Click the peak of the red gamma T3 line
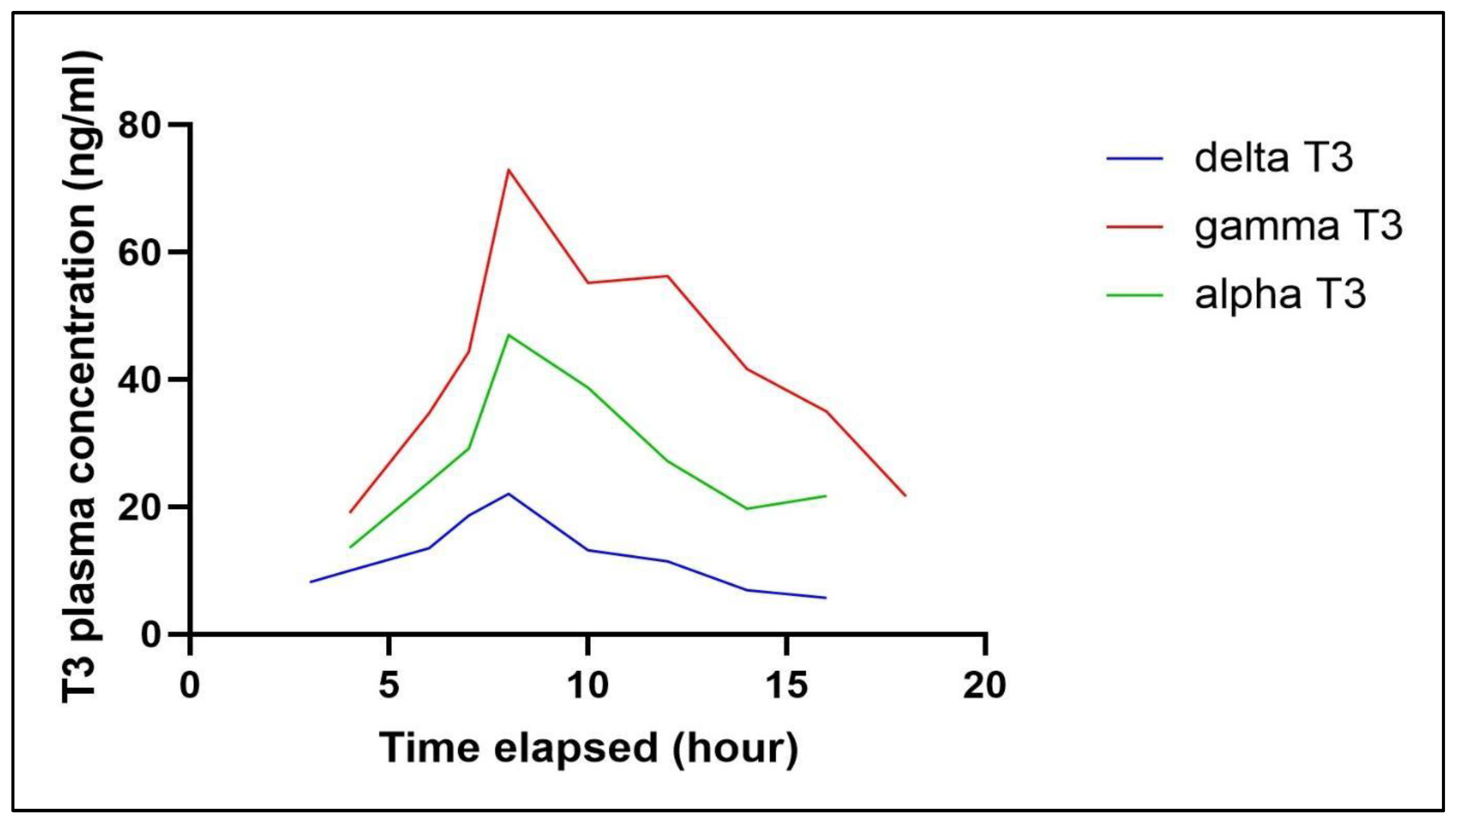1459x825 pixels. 508,170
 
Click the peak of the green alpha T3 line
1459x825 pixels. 508,335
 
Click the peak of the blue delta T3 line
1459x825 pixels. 508,494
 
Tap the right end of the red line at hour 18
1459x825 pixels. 905,495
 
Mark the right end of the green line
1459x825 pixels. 826,496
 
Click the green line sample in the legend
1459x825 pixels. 1135,295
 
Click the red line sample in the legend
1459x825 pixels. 1135,227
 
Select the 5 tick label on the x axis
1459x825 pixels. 388,685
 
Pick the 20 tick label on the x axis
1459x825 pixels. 985,685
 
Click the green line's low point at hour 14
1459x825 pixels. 747,508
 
